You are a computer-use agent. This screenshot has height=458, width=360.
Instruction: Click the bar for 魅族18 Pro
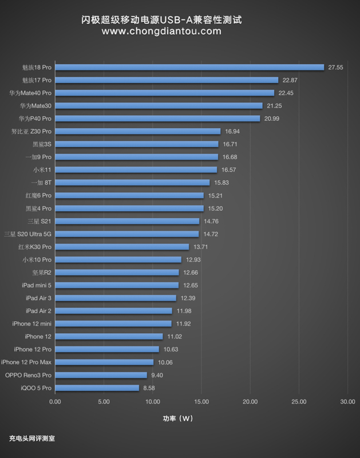[x=189, y=67]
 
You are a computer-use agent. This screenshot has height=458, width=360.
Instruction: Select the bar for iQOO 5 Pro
[x=97, y=388]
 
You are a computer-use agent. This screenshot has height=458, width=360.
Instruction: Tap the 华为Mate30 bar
[x=159, y=105]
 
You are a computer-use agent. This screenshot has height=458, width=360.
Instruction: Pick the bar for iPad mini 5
[x=117, y=285]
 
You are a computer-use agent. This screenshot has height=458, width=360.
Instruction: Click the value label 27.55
[x=335, y=67]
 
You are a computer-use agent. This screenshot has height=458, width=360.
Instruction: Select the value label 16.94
[x=232, y=131]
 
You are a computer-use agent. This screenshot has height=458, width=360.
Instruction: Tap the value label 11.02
[x=175, y=337]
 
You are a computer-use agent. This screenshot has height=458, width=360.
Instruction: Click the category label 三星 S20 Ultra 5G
[x=27, y=234]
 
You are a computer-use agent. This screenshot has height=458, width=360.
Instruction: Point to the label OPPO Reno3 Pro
[x=29, y=375]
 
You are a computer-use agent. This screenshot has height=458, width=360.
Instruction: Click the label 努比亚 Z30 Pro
[x=31, y=131]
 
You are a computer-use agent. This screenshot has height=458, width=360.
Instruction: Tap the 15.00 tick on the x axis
[x=201, y=401]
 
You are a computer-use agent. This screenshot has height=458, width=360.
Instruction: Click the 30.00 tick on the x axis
[x=347, y=401]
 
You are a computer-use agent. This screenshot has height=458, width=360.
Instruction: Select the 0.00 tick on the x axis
[x=55, y=401]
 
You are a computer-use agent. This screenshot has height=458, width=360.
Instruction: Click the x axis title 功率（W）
[x=178, y=418]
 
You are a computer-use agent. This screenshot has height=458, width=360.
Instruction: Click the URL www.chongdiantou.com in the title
[x=161, y=31]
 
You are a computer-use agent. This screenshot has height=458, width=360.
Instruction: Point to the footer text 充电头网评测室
[x=32, y=439]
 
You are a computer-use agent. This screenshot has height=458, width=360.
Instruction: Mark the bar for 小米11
[x=136, y=169]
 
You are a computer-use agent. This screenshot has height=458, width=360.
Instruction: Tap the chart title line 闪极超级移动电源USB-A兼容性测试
[x=161, y=20]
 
